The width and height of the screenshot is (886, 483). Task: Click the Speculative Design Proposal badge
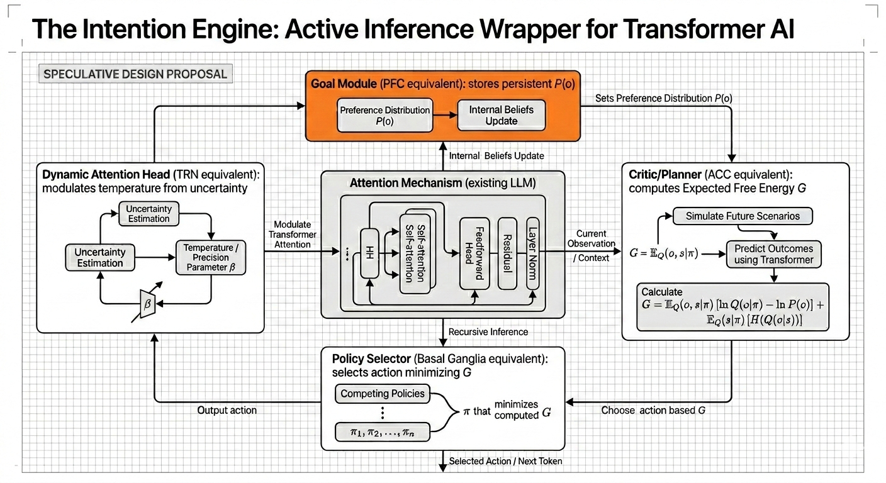(x=135, y=74)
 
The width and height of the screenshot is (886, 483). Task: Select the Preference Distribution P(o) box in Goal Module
(x=385, y=115)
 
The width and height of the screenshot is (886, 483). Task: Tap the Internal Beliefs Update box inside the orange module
(x=501, y=115)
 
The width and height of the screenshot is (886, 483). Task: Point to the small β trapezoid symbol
(x=148, y=304)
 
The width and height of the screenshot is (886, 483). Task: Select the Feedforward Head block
(x=474, y=253)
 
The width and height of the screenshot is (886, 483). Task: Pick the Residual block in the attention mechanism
(x=507, y=253)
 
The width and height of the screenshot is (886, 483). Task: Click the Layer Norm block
(x=532, y=253)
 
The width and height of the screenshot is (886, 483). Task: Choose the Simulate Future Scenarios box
(x=743, y=216)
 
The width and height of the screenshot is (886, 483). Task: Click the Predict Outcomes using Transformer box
(x=773, y=254)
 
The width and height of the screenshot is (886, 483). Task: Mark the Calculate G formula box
(x=732, y=307)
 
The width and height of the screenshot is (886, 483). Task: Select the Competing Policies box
(x=382, y=394)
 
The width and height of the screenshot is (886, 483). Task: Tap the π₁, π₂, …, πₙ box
(x=382, y=431)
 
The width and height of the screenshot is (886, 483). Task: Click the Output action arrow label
(x=227, y=410)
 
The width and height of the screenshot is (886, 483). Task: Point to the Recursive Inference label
(x=488, y=331)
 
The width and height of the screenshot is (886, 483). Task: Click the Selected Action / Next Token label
(x=505, y=461)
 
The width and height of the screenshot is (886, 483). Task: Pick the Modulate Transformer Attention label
(x=293, y=234)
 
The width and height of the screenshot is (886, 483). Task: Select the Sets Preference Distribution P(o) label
(x=663, y=98)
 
